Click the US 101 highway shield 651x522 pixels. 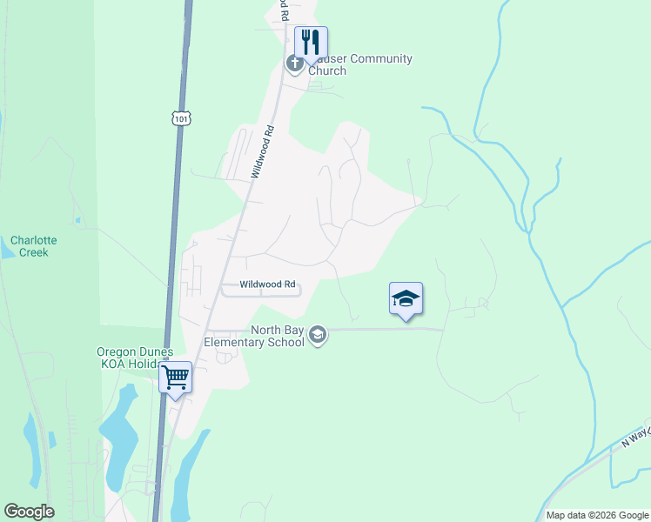click(180, 118)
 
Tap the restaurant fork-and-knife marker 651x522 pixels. click(311, 42)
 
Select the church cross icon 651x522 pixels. click(294, 63)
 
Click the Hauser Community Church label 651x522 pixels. click(357, 64)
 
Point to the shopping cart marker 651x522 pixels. click(176, 378)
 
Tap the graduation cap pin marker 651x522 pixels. click(406, 300)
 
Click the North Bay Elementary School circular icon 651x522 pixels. click(319, 336)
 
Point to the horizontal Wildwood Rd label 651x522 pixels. click(268, 284)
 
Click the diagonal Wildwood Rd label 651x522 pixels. click(263, 152)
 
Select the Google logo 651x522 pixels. click(29, 512)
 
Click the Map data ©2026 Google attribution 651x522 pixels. click(596, 515)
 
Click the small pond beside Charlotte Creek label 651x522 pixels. click(7, 250)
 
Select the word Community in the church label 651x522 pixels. click(378, 58)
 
